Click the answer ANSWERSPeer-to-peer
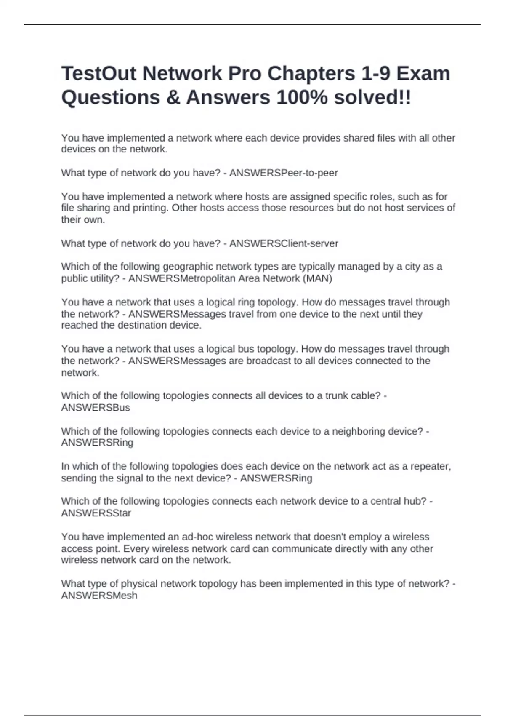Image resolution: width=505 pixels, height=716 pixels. coord(283,173)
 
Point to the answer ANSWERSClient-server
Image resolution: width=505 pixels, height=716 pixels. coord(283,243)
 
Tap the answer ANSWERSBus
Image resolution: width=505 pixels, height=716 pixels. coord(96,408)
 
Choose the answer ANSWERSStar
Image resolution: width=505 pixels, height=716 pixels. coord(96,513)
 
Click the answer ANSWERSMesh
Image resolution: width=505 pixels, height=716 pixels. coord(99,596)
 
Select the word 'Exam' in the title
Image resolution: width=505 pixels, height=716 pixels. coord(423,74)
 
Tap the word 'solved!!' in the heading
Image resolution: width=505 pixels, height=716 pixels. coord(372,98)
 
